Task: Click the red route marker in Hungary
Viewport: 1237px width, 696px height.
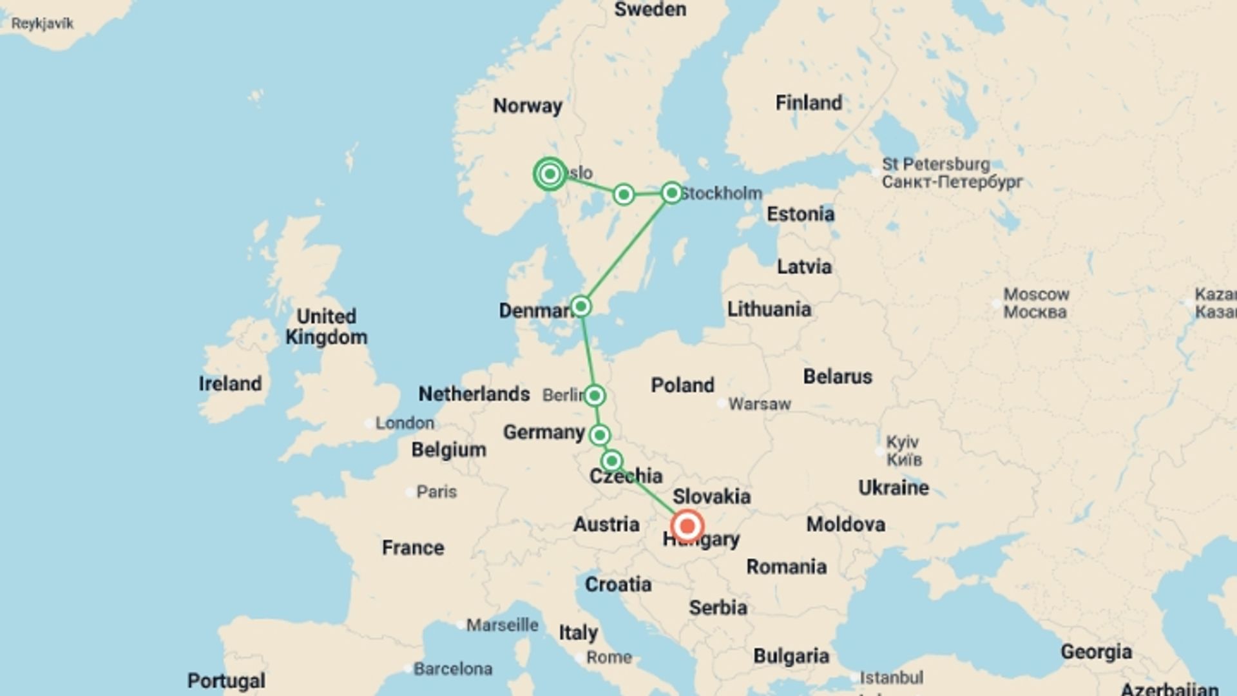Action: coord(687,526)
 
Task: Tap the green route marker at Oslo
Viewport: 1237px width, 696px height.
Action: coord(550,174)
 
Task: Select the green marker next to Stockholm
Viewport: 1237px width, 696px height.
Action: coord(671,193)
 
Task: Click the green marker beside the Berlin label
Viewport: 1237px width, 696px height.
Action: coord(594,395)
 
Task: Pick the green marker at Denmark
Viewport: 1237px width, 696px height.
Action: coord(580,306)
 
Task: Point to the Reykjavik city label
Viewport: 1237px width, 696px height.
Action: coord(43,24)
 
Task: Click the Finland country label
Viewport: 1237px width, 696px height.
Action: coord(809,102)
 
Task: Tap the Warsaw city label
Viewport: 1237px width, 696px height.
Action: coord(759,404)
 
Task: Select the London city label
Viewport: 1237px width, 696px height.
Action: coord(405,423)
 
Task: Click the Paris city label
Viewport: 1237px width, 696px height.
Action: coord(436,492)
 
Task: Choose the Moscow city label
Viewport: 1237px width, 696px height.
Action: coord(1036,295)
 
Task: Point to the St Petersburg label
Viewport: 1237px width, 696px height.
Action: coord(935,164)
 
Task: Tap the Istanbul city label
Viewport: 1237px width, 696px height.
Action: coord(891,678)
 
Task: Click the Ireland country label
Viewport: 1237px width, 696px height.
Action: coord(230,383)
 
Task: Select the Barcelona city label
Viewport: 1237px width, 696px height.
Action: coord(452,669)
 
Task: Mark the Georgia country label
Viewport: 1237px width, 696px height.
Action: coord(1096,652)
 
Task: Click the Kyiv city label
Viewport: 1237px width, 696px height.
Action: coord(902,443)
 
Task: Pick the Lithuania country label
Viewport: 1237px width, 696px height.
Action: coord(769,309)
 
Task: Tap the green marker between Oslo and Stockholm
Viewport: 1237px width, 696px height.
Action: coord(623,194)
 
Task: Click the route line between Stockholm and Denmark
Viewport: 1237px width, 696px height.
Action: coord(626,249)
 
